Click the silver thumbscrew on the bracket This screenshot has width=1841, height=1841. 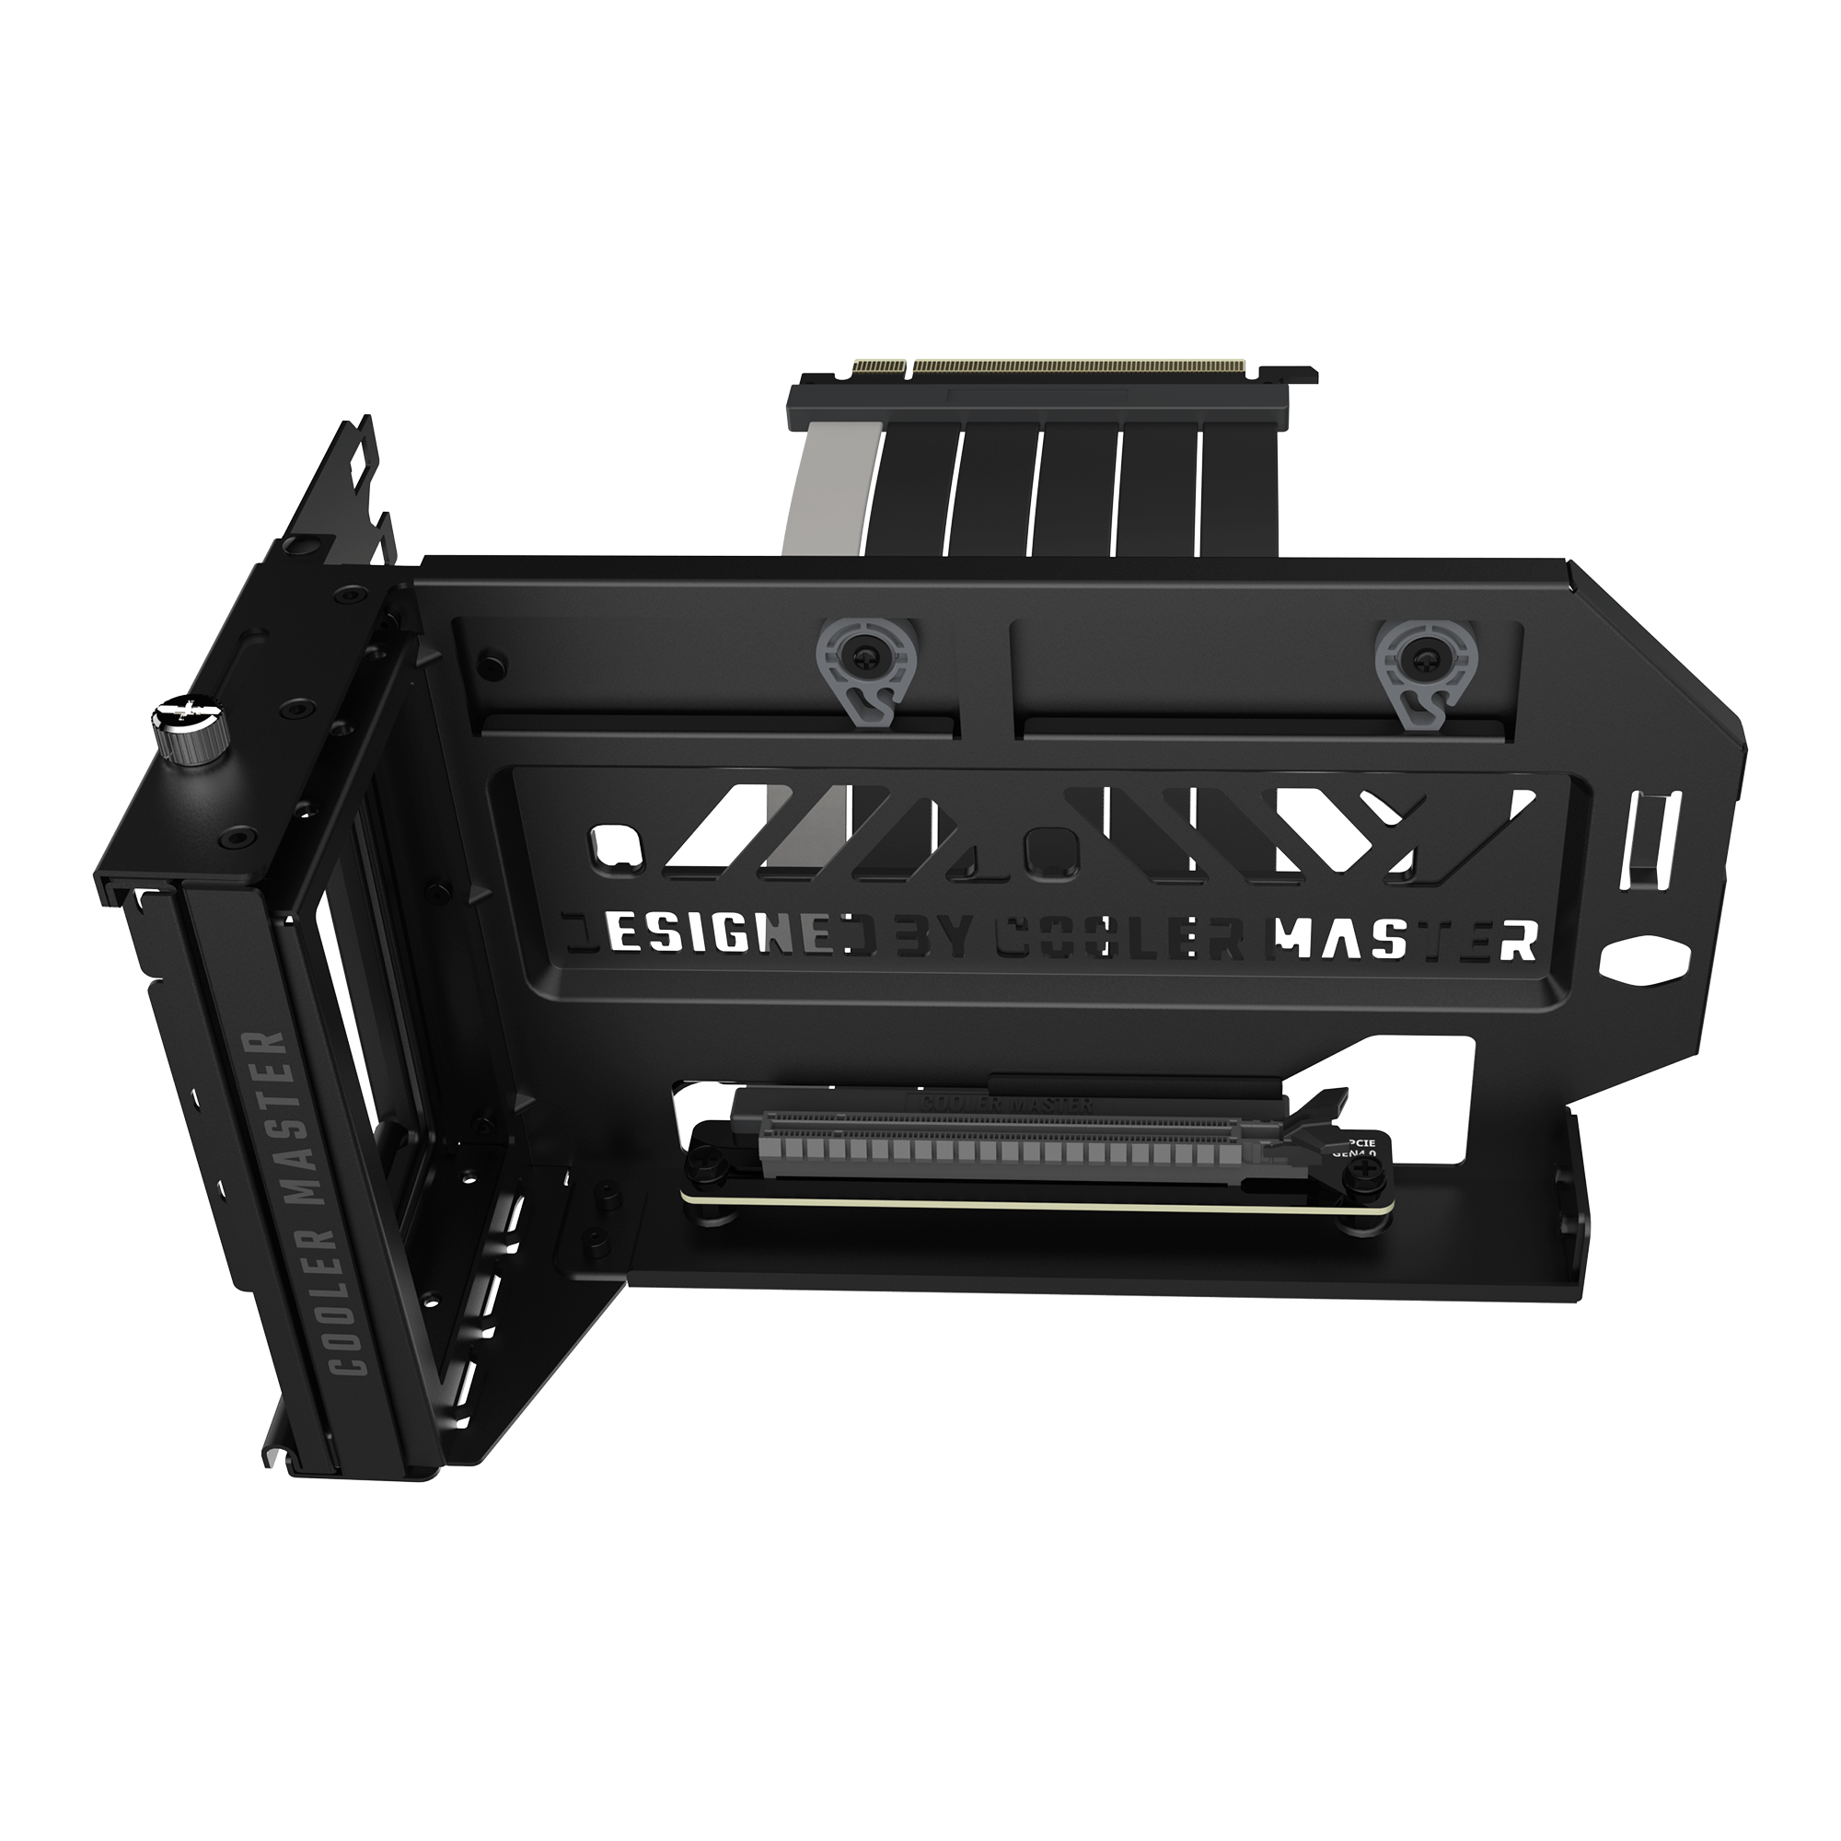click(x=188, y=728)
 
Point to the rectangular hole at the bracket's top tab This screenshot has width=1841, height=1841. click(x=363, y=458)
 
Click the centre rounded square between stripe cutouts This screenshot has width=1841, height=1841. click(x=1049, y=842)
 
